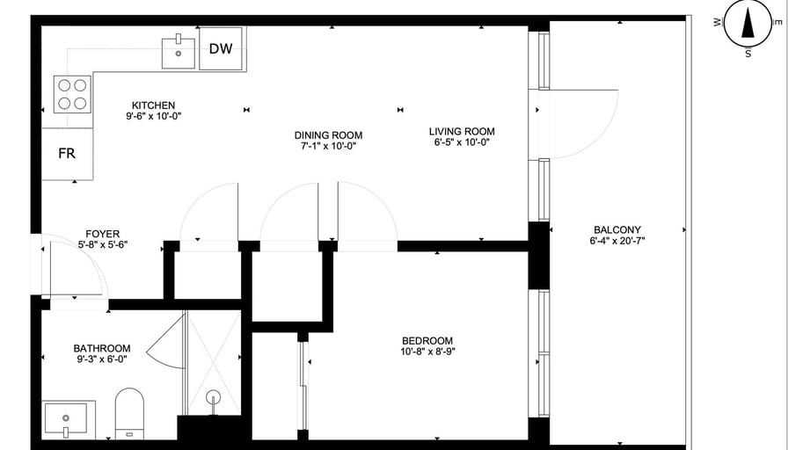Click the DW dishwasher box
coord(221,48)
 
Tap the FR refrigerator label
coord(67,153)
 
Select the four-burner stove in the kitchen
coord(72,94)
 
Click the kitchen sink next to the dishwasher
coord(179,52)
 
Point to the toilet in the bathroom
coord(129,413)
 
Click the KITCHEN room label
coord(153,105)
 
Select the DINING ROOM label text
coord(328,135)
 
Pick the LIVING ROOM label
coord(462,132)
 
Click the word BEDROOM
coord(427,340)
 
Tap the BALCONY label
coord(617,230)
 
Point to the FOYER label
coord(103,234)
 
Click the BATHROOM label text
coord(102,348)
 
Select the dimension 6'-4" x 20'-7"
coord(617,241)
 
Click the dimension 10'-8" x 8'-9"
coord(427,352)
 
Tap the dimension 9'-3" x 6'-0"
coord(102,359)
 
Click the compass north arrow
coord(748,24)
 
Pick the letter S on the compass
coord(748,54)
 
